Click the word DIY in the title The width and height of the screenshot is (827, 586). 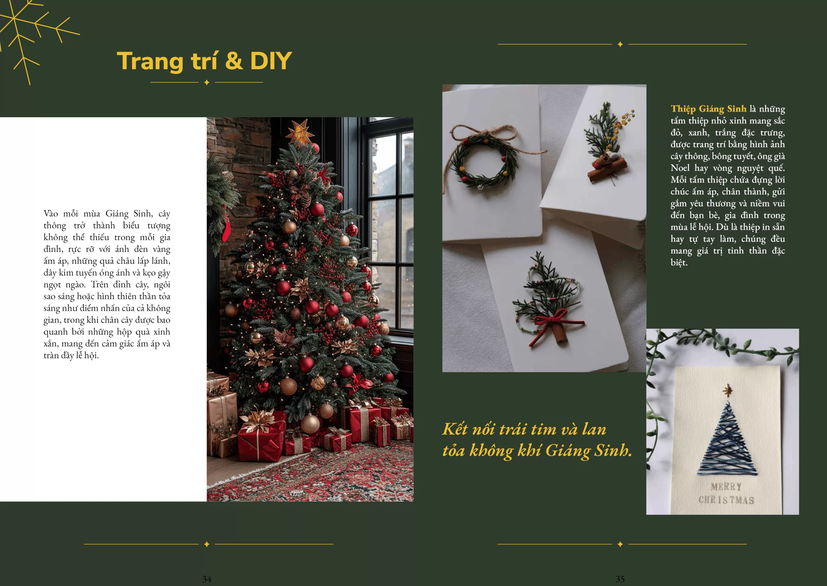[271, 61]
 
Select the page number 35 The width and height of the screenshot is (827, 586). [620, 579]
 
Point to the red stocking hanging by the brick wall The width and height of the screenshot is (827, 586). [226, 227]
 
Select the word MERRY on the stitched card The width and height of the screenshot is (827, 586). [726, 487]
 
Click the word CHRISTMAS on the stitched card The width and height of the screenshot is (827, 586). [726, 500]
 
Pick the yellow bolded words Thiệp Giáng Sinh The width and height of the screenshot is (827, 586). [708, 109]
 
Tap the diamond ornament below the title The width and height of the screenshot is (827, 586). [206, 83]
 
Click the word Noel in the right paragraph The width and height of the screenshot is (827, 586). [680, 168]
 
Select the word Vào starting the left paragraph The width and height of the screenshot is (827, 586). [51, 214]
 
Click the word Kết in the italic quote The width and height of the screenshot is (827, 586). [455, 429]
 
